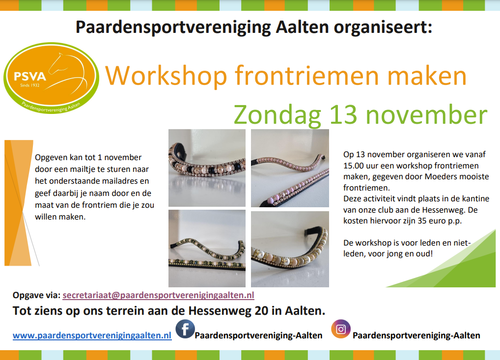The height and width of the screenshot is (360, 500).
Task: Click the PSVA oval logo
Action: tap(51, 78)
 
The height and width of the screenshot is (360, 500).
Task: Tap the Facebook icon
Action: tap(185, 329)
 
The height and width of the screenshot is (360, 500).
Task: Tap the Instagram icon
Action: tap(341, 329)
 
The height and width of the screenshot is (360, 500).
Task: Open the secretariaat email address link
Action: tap(158, 295)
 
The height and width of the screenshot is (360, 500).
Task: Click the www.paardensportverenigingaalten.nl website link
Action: tap(92, 335)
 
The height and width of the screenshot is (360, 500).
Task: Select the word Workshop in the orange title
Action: tap(166, 76)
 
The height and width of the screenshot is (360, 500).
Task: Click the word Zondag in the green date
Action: tap(278, 115)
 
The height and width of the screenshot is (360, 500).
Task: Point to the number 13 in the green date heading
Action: tap(343, 115)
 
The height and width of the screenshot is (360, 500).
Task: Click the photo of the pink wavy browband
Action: tap(290, 168)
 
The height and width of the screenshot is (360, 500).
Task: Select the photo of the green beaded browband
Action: tap(207, 249)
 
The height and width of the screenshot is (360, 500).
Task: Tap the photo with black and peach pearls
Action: tap(207, 168)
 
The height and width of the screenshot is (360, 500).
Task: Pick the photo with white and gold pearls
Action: tap(290, 249)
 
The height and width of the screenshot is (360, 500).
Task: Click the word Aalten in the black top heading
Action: tap(302, 27)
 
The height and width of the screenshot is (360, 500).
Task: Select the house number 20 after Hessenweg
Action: tap(261, 310)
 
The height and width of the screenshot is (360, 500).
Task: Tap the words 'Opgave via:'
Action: tap(36, 295)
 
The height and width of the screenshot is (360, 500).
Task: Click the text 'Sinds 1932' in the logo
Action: tap(29, 85)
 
